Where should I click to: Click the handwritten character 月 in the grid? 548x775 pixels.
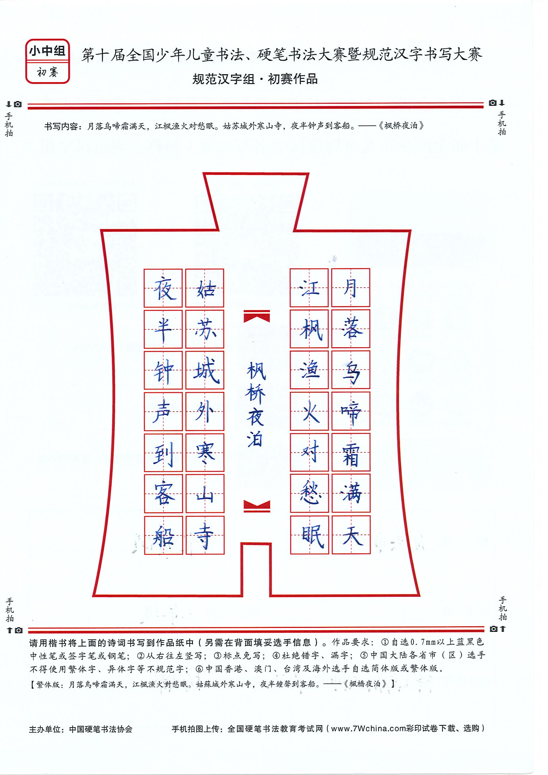coord(350,288)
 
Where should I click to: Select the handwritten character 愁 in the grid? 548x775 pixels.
coord(310,493)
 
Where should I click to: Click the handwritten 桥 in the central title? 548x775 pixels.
coord(255,394)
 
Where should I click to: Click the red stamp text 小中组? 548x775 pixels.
coord(47,51)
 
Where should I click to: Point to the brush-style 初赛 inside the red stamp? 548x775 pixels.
coord(48,72)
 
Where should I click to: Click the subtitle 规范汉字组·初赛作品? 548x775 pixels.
coord(255,79)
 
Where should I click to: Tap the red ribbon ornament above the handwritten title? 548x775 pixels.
coord(257,316)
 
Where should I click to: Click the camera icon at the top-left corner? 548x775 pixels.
coord(18,104)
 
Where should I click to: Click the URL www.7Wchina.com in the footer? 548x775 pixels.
coord(368,728)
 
